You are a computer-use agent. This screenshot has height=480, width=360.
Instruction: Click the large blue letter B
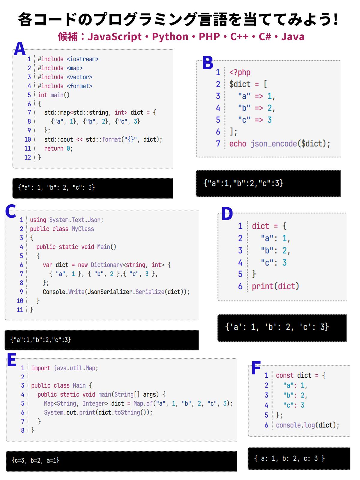(x=208, y=63)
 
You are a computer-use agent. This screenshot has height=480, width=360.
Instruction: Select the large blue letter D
(x=227, y=214)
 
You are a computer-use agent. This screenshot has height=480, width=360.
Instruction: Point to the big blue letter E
(x=12, y=360)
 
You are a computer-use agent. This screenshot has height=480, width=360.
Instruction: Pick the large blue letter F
(x=256, y=368)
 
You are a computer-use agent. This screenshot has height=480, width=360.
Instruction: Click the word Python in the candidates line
(x=170, y=37)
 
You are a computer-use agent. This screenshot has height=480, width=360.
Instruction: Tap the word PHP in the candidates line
(x=209, y=37)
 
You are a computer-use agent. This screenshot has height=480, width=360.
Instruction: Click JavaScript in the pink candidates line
(x=115, y=37)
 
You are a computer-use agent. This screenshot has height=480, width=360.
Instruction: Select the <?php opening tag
(x=240, y=72)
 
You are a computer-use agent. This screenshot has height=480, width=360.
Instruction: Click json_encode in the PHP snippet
(x=274, y=144)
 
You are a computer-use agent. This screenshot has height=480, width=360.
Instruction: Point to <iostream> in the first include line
(x=82, y=59)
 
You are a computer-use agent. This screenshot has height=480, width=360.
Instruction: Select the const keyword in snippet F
(x=285, y=375)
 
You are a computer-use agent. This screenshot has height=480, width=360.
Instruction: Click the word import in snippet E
(x=41, y=368)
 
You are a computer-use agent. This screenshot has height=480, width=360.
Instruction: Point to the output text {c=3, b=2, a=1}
(x=35, y=460)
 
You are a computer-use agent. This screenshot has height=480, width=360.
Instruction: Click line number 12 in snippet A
(x=28, y=157)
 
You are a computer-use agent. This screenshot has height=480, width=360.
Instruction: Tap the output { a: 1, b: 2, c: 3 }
(x=289, y=458)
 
